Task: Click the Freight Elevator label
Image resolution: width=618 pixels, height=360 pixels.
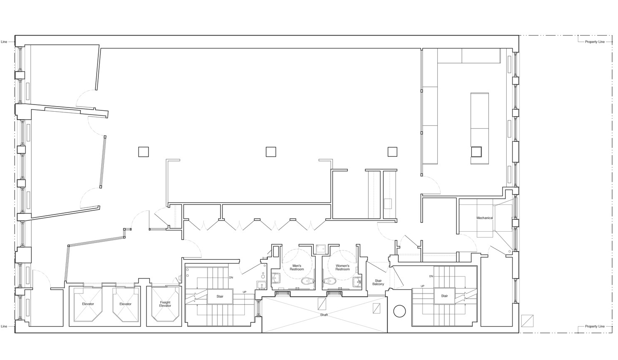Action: [165, 304]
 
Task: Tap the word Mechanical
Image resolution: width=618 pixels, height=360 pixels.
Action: [485, 218]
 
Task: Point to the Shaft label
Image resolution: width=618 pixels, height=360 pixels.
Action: [324, 315]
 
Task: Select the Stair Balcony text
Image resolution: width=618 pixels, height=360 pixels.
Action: [378, 282]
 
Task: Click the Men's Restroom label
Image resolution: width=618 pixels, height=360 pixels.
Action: [297, 267]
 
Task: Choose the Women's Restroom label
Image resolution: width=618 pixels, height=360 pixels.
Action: [342, 267]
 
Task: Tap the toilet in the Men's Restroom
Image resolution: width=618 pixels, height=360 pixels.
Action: [308, 281]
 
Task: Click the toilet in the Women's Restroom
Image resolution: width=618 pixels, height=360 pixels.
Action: [329, 281]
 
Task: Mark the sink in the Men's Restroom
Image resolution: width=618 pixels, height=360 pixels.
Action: [276, 278]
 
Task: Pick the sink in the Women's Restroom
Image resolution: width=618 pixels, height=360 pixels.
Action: [357, 281]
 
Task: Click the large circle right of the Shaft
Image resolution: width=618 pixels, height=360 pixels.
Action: [399, 311]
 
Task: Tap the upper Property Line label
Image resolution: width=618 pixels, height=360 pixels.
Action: [595, 42]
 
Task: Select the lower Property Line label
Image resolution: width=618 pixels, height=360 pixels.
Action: [595, 327]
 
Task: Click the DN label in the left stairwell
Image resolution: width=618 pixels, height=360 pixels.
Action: [231, 278]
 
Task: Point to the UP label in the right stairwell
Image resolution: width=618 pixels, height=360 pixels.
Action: [422, 286]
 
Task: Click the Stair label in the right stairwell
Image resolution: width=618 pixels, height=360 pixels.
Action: [444, 296]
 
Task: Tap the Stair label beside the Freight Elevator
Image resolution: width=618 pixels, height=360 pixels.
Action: [220, 296]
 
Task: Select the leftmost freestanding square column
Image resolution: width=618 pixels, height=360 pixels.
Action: [144, 152]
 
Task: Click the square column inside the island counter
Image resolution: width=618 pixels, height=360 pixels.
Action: [476, 152]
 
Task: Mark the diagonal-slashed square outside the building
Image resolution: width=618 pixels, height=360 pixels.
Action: [527, 321]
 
